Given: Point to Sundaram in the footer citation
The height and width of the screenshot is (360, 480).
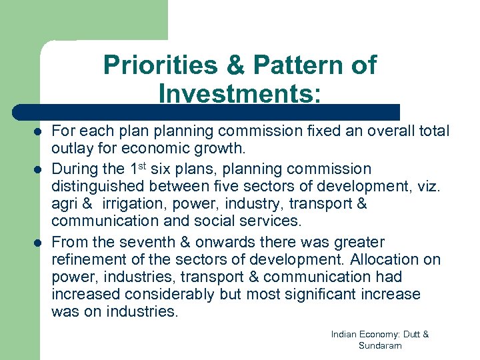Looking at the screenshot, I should tap(380, 345).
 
